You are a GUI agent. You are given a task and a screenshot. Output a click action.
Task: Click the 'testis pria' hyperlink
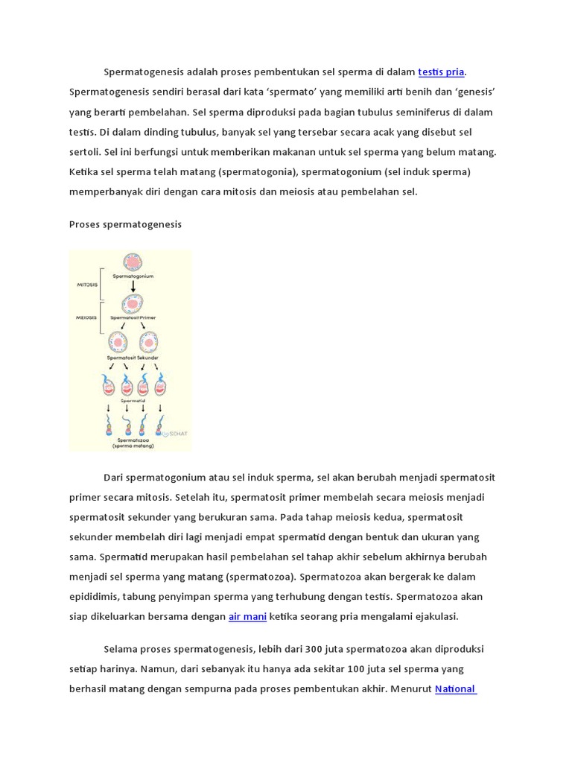441,72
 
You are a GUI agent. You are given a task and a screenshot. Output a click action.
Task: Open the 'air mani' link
247,616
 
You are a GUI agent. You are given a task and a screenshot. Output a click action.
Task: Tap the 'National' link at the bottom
455,688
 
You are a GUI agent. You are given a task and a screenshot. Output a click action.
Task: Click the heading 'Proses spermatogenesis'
125,224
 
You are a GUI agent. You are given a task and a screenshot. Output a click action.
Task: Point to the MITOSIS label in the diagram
87,284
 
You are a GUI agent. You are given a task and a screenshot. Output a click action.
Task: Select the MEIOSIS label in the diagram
87,317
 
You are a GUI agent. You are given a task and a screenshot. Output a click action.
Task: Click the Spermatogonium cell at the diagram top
133,262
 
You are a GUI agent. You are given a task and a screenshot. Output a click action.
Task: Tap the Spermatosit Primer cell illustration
133,303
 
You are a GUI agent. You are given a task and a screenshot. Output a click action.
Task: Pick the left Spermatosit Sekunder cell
118,342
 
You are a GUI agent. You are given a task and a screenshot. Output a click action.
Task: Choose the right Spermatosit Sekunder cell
148,342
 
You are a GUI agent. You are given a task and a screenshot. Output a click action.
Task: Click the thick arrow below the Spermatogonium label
133,286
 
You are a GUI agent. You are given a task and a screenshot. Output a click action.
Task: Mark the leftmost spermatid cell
109,384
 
